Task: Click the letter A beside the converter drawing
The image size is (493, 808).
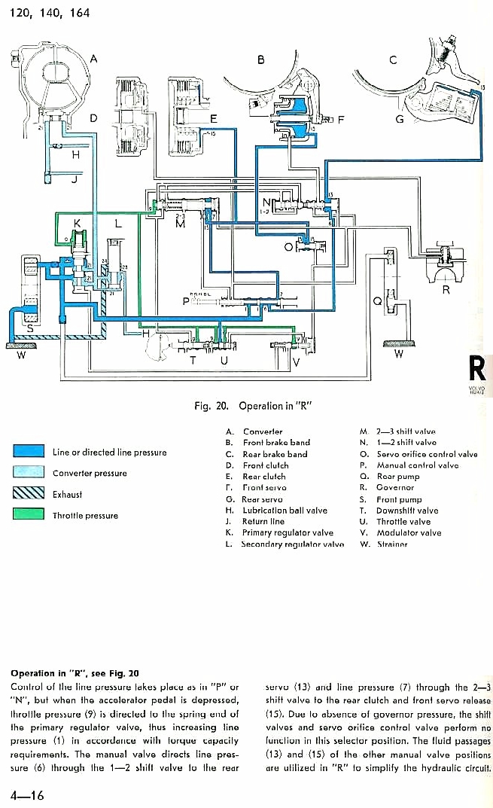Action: tap(93, 59)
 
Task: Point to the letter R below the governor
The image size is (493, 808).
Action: tap(446, 291)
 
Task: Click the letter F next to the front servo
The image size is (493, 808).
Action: tap(339, 119)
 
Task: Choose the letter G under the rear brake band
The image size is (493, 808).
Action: tap(400, 120)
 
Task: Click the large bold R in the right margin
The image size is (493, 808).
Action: tap(478, 369)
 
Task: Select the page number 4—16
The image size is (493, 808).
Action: tap(27, 794)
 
